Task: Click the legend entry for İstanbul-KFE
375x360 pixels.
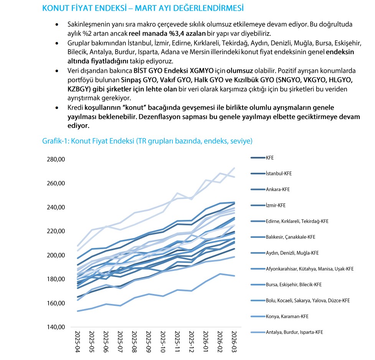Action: tap(279, 173)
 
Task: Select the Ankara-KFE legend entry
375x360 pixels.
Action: tap(277, 190)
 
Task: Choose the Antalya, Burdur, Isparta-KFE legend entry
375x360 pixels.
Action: tap(294, 332)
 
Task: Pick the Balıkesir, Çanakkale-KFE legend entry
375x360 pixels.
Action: tap(290, 237)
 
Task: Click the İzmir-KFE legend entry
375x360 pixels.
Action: tap(276, 205)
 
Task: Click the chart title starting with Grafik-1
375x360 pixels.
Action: tap(147, 141)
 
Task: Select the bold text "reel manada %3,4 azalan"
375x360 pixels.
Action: tap(168, 33)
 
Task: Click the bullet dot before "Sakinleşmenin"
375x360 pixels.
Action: tap(57, 24)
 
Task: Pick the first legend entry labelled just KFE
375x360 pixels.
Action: tap(270, 158)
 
